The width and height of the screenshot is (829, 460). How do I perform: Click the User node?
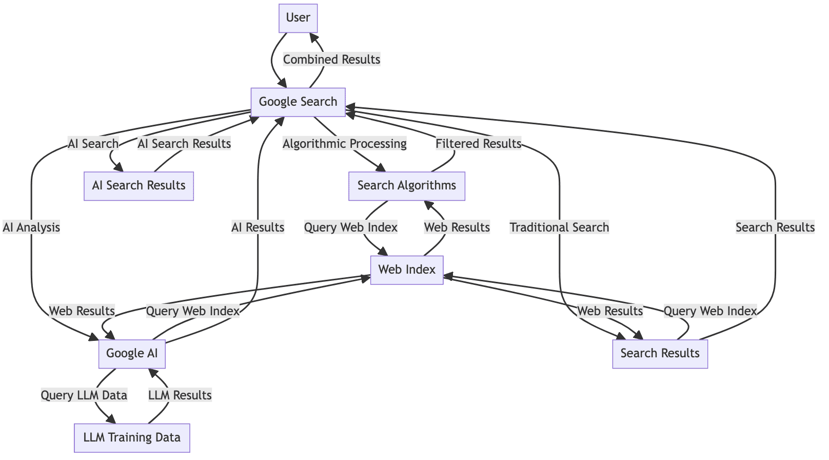[x=298, y=18]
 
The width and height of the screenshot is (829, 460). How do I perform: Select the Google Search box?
[x=298, y=102]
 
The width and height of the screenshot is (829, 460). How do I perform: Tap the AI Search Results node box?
[x=139, y=185]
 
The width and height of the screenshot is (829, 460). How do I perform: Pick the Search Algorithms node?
[x=406, y=185]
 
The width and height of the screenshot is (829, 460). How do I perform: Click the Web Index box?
[x=406, y=270]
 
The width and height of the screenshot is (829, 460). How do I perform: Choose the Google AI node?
[x=132, y=353]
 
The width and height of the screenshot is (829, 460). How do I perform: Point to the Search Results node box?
[x=660, y=353]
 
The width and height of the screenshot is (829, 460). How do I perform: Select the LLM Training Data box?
[x=132, y=437]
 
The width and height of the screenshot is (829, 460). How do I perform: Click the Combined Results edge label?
[x=331, y=60]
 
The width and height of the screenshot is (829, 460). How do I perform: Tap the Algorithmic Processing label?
[x=345, y=144]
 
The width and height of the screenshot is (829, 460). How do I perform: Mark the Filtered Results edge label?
[x=478, y=144]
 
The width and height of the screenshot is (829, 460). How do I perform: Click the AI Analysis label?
[x=31, y=227]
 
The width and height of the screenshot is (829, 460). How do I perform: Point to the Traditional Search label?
[x=559, y=227]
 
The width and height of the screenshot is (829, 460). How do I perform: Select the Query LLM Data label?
[x=84, y=395]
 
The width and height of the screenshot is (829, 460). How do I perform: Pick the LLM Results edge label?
[x=180, y=395]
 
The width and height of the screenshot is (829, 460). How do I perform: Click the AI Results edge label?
[x=258, y=227]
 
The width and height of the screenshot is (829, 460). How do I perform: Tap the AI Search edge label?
[x=93, y=144]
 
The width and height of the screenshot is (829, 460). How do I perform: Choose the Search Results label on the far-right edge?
[x=775, y=227]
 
